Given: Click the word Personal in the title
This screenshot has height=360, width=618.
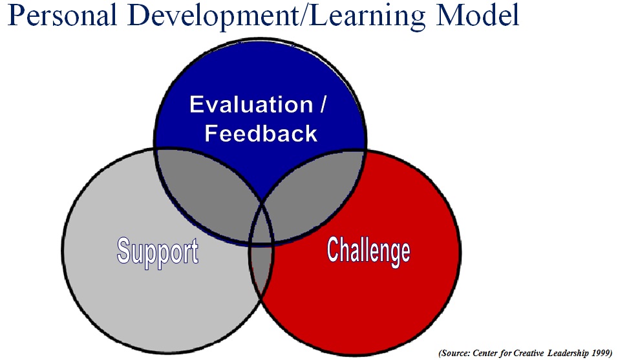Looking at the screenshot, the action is click(62, 16).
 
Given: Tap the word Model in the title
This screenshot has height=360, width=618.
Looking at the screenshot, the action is click(478, 16).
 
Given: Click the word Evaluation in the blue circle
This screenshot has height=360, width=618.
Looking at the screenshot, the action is click(251, 105).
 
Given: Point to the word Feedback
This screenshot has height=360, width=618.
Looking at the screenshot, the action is click(261, 133).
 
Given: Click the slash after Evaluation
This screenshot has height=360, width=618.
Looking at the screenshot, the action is click(323, 105).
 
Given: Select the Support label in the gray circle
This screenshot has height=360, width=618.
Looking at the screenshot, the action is click(158, 252).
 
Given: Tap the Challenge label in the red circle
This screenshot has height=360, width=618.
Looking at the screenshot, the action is click(368, 251).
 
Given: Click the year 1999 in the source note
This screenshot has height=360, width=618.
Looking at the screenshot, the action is click(601, 353).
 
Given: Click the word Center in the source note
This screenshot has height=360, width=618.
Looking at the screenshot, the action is click(485, 353).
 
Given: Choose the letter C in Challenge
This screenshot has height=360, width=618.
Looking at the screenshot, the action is click(334, 249).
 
